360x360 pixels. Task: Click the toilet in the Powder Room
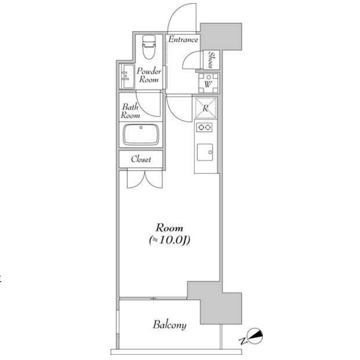tap(149, 47)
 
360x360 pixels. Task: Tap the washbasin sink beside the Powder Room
tap(127, 77)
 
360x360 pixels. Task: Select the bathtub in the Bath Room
tap(141, 135)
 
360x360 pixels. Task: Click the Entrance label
tap(183, 40)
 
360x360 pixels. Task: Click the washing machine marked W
tap(208, 83)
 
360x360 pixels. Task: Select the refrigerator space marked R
tap(206, 107)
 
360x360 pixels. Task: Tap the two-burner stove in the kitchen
tap(204, 127)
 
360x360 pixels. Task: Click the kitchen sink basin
tap(205, 152)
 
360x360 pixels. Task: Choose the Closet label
tap(141, 159)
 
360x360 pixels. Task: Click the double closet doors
tap(145, 179)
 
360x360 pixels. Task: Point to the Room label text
tap(169, 228)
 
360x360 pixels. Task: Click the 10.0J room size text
tap(170, 240)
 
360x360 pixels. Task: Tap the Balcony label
tap(170, 325)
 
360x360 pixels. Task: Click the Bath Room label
tap(130, 111)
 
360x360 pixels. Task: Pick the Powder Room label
tap(149, 75)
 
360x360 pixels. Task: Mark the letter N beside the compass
tap(242, 341)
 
